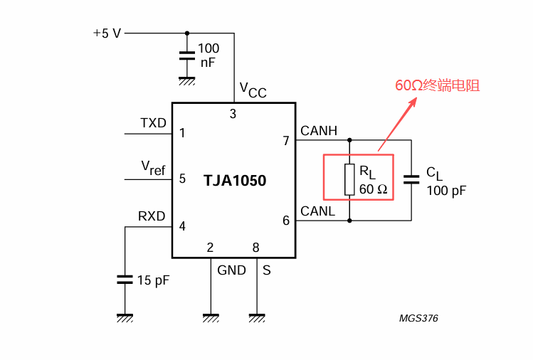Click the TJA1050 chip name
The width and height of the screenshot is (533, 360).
tap(235, 181)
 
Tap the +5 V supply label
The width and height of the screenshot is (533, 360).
tap(107, 33)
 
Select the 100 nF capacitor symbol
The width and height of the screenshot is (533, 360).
tap(187, 56)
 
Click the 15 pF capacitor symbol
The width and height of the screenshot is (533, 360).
tap(125, 280)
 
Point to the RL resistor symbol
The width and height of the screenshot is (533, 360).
tap(349, 179)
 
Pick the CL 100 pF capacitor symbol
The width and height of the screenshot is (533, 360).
tap(411, 179)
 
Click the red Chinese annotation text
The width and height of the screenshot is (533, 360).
tap(438, 85)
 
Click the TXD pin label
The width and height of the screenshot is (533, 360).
tap(153, 122)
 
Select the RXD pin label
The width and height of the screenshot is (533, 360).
tap(152, 216)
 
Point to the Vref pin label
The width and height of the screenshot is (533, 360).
tap(153, 168)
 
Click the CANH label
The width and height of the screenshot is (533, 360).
tap(319, 130)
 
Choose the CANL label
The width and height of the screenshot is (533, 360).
tap(318, 211)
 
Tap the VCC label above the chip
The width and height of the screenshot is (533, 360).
tap(253, 90)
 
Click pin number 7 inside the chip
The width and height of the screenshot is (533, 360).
tap(286, 140)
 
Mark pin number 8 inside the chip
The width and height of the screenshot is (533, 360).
tap(256, 248)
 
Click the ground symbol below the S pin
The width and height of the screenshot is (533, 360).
tap(257, 318)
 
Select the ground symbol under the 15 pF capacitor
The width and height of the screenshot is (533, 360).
tap(125, 318)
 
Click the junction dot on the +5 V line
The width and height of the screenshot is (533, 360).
tap(187, 33)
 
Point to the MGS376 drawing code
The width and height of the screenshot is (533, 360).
tap(418, 318)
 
